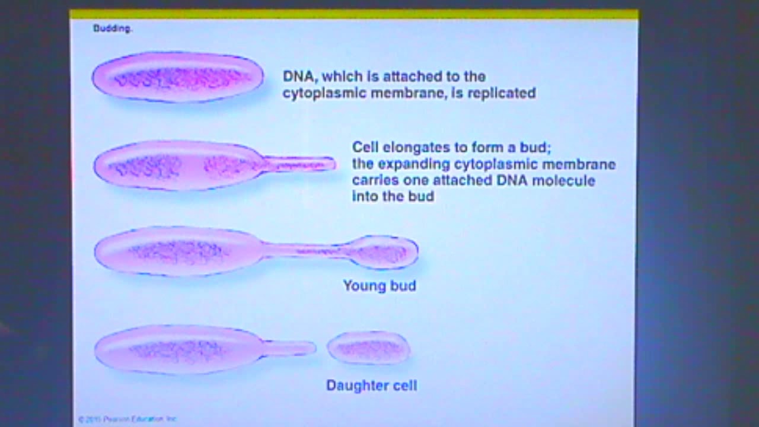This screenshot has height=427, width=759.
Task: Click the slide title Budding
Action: point(112,28)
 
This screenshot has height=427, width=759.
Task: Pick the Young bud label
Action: point(379,286)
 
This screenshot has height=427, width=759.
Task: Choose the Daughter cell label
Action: point(372,385)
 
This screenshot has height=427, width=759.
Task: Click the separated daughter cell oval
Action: point(368,348)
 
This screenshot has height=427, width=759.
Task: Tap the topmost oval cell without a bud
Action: point(177,77)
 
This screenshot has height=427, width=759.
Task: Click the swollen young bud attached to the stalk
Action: point(384,253)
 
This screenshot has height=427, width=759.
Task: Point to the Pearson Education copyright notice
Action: point(127,419)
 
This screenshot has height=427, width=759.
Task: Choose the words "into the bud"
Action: point(393,196)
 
